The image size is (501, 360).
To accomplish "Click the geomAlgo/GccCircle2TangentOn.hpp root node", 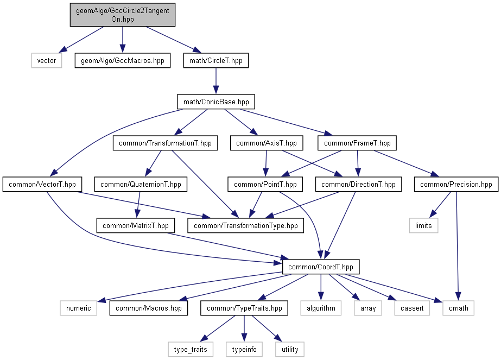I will (123, 15).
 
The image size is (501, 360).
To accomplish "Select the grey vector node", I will (46, 60).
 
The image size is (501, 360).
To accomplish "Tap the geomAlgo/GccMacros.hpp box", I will (123, 60).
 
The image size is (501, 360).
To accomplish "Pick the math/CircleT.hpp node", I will (216, 60).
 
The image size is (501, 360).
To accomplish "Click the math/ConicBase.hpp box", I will (216, 102).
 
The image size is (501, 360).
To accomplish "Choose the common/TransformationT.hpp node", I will (164, 143).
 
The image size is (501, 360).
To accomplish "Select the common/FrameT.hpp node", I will (358, 143).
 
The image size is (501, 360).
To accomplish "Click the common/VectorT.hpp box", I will (42, 185).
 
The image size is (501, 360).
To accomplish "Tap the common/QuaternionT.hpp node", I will (141, 185).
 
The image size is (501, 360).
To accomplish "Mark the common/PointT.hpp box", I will (265, 185).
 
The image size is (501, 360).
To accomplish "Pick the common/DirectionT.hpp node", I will (359, 185).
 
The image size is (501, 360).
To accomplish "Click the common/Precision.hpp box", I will (456, 185).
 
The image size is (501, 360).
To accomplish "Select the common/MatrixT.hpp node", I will (136, 225).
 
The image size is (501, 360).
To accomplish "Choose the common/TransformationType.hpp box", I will (246, 225).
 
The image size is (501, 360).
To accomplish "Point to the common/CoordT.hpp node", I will (321, 267).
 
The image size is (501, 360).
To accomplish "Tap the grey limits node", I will (423, 225).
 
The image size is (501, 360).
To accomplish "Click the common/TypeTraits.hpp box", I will (244, 308).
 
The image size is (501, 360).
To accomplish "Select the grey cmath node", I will (458, 308).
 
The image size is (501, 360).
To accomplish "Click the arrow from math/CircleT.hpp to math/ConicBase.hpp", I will (216, 81).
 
